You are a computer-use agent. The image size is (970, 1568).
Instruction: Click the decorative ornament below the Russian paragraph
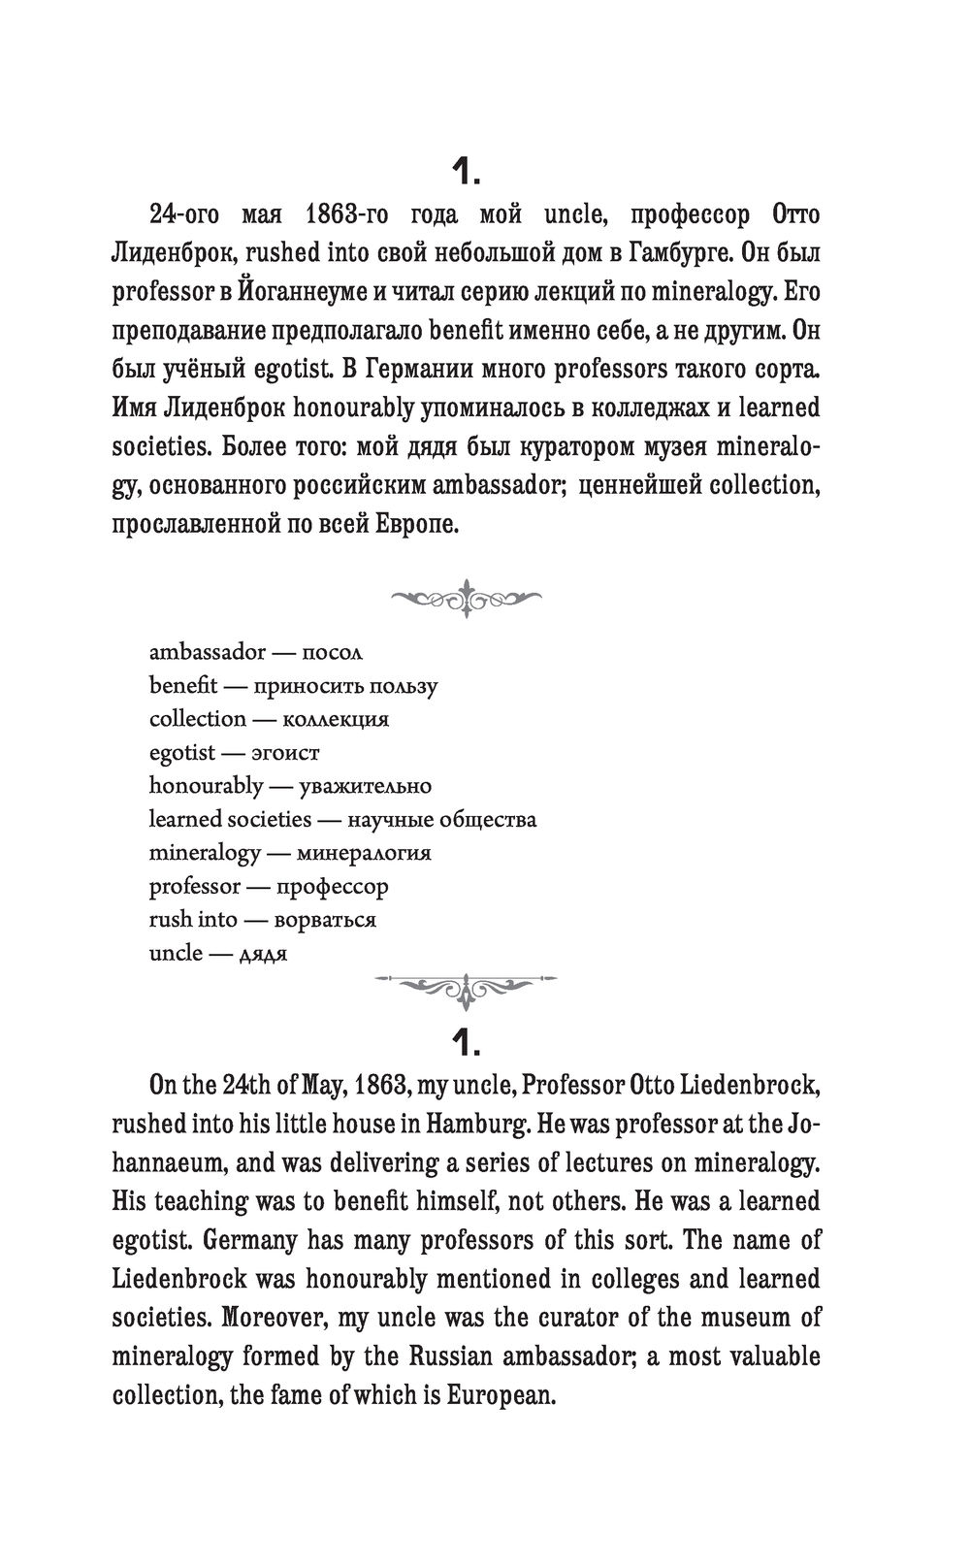(466, 599)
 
